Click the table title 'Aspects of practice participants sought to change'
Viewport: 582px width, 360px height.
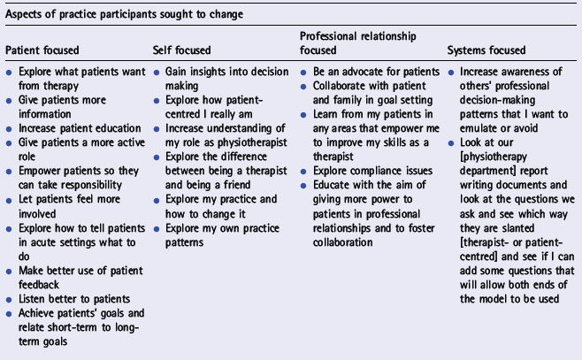coord(125,14)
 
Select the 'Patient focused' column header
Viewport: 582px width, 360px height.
coord(42,50)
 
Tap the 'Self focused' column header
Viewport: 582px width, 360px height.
coord(181,50)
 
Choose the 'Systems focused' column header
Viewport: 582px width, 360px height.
coord(486,50)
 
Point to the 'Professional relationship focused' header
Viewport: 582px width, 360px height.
coord(358,43)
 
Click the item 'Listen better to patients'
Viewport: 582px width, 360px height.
coord(74,299)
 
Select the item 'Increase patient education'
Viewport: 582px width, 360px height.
coord(80,128)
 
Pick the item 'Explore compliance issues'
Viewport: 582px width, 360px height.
coord(372,171)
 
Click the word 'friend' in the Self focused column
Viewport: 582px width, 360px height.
coord(237,185)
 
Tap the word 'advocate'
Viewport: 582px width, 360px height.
coord(358,72)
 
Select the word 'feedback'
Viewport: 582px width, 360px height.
coord(39,285)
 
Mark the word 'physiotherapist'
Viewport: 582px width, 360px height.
coord(252,142)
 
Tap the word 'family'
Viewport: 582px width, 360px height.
coord(348,100)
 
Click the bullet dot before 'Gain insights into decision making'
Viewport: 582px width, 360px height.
coord(157,73)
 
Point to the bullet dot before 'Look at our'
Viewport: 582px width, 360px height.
coord(451,143)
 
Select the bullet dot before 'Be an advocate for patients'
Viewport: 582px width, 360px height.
coord(303,73)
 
